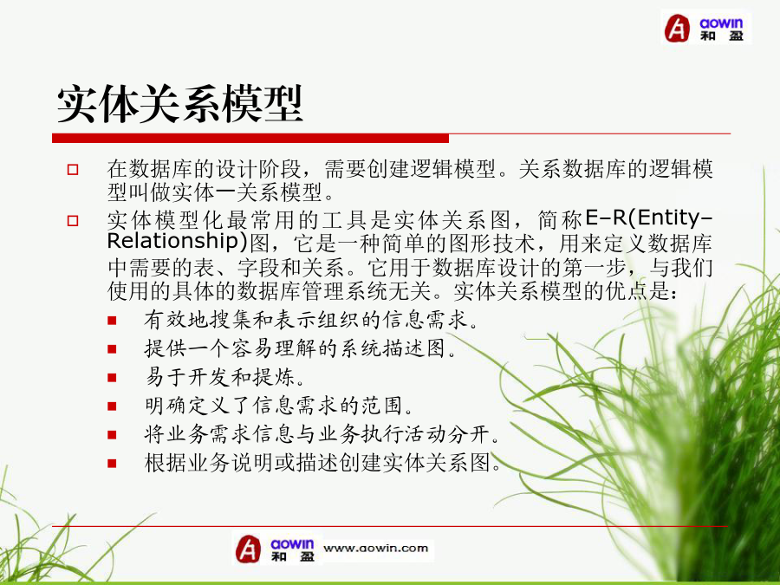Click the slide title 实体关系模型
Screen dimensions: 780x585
[x=179, y=104]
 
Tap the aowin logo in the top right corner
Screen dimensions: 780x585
[x=705, y=28]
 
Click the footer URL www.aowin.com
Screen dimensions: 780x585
[x=375, y=549]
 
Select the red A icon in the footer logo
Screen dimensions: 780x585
[x=248, y=549]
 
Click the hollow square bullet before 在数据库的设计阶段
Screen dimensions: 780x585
[x=73, y=170]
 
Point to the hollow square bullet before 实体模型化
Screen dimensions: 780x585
[x=73, y=220]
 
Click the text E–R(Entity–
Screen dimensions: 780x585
[x=649, y=218]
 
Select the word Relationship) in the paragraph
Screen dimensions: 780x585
[x=177, y=241]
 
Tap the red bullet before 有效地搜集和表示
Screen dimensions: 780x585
[x=112, y=321]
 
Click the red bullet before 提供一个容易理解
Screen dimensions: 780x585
[x=112, y=349]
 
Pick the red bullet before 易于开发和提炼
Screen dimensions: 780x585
[x=112, y=378]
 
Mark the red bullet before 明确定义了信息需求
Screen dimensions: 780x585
[x=112, y=406]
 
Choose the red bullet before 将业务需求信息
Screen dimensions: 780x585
[x=112, y=435]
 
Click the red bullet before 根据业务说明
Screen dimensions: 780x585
[x=112, y=464]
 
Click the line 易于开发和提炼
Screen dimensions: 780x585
[x=224, y=377]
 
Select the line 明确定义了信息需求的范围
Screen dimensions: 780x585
[x=279, y=406]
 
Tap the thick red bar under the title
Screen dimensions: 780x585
[x=250, y=139]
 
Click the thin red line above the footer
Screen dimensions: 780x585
[x=389, y=526]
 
